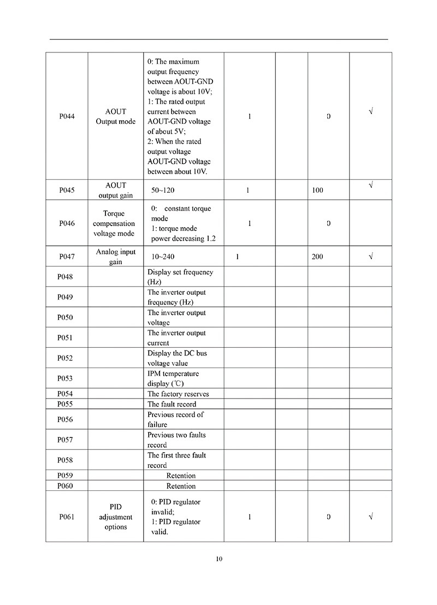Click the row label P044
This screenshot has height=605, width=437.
(67, 116)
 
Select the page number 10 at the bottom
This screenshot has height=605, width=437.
(219, 559)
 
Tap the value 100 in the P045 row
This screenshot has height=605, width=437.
(317, 191)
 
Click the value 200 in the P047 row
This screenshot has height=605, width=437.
(317, 257)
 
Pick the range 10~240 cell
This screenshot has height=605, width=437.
(163, 257)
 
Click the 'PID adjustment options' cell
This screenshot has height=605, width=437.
(115, 517)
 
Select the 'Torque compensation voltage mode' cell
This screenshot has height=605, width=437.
(114, 223)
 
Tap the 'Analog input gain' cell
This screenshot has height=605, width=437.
(115, 257)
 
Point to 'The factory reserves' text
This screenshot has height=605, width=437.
(178, 394)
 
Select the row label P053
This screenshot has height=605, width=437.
(65, 378)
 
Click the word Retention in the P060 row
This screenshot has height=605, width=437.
(181, 486)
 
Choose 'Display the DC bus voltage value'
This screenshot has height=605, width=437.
(177, 358)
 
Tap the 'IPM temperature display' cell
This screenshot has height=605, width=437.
(173, 378)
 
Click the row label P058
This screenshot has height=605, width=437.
(65, 460)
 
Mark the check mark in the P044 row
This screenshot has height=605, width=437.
(371, 111)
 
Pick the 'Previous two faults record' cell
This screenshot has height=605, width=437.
(176, 440)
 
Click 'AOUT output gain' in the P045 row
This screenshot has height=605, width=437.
(115, 191)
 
